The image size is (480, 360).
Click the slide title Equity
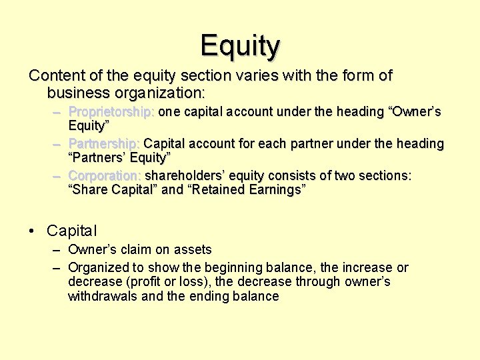tap(240, 45)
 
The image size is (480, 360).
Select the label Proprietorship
tap(111, 111)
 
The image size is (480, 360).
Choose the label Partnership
tap(104, 143)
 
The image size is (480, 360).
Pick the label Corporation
tap(104, 175)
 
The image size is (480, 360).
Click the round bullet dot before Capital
tap(32, 231)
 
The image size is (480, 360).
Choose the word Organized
tap(97, 267)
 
